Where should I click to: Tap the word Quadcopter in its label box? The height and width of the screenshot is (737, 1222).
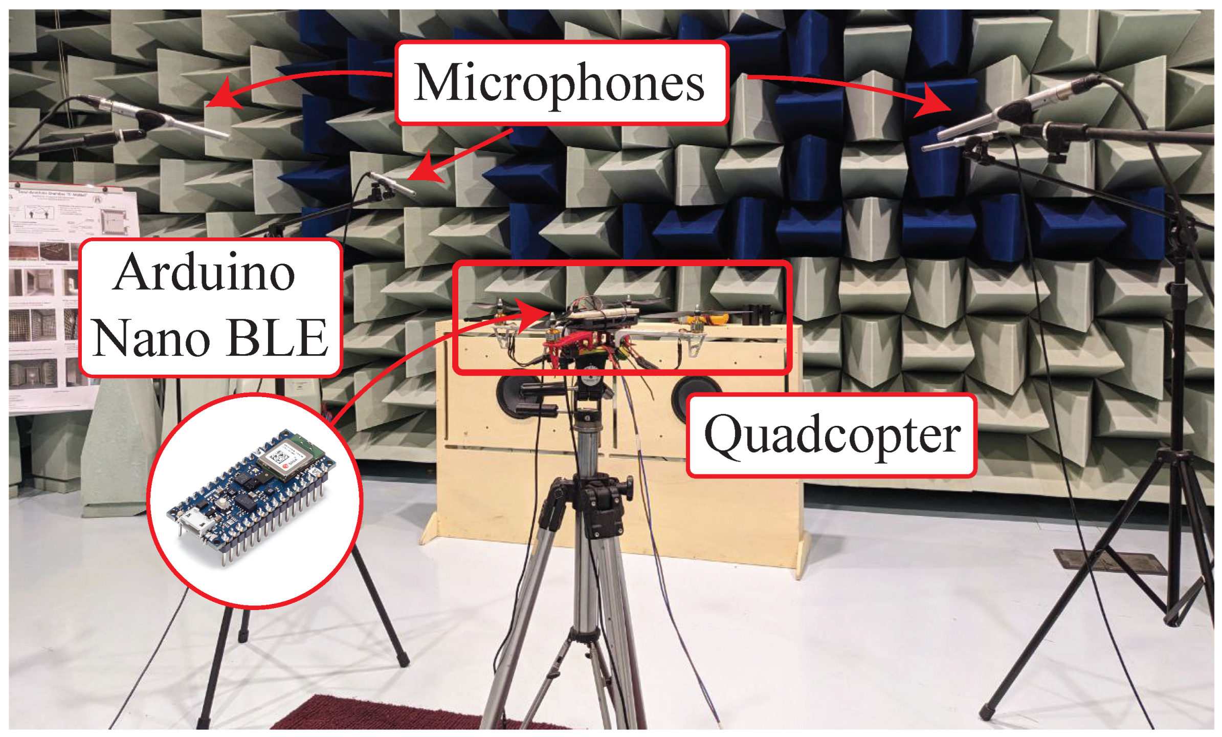(x=832, y=436)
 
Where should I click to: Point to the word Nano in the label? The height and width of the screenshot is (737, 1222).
(x=152, y=338)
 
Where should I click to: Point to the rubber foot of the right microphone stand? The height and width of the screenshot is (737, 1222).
(x=985, y=711)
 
